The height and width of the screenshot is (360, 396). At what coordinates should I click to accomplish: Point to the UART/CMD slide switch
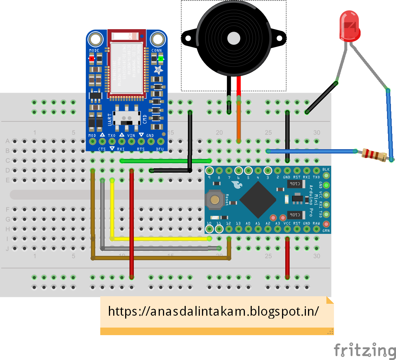pyautogui.click(x=126, y=118)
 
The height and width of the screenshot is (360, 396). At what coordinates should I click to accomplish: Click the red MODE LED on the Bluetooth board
pyautogui.click(x=92, y=58)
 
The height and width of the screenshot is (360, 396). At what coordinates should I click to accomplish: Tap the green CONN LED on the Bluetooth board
pyautogui.click(x=160, y=58)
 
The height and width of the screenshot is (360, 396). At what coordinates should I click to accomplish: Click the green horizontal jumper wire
pyautogui.click(x=166, y=161)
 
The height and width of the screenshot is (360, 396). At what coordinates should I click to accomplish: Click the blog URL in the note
pyautogui.click(x=214, y=311)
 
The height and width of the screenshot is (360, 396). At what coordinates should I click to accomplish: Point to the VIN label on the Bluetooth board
pyautogui.click(x=131, y=135)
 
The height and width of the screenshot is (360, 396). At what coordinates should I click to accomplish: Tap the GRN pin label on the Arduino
pyautogui.click(x=326, y=231)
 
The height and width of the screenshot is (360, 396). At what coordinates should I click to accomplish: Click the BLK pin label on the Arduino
pyautogui.click(x=326, y=169)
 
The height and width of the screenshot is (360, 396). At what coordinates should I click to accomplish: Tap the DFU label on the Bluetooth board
pyautogui.click(x=160, y=148)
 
